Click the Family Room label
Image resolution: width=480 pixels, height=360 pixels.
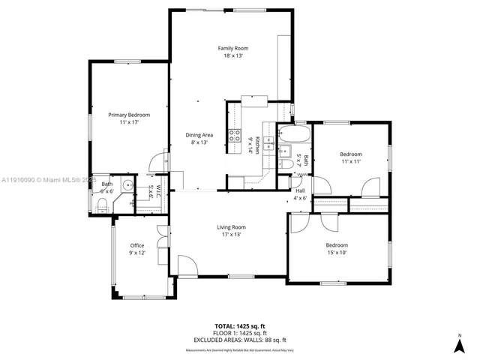pyautogui.click(x=232, y=48)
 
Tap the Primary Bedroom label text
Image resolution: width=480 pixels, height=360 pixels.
pyautogui.click(x=129, y=115)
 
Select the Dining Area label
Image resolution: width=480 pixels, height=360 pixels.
pyautogui.click(x=198, y=135)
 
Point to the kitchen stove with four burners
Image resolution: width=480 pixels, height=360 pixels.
pyautogui.click(x=235, y=136)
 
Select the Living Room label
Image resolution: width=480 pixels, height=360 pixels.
pyautogui.click(x=232, y=227)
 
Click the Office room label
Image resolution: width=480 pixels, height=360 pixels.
pyautogui.click(x=136, y=246)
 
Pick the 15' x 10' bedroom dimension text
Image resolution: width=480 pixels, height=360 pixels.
pyautogui.click(x=337, y=253)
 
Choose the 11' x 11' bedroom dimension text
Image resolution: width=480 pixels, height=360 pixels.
pyautogui.click(x=351, y=161)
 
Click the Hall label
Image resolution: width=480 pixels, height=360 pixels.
pyautogui.click(x=300, y=190)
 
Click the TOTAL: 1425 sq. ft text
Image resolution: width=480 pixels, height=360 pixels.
pyautogui.click(x=237, y=326)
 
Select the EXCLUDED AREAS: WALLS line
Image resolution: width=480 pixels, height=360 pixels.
pyautogui.click(x=237, y=340)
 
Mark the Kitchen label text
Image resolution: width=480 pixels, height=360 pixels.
pyautogui.click(x=257, y=145)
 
